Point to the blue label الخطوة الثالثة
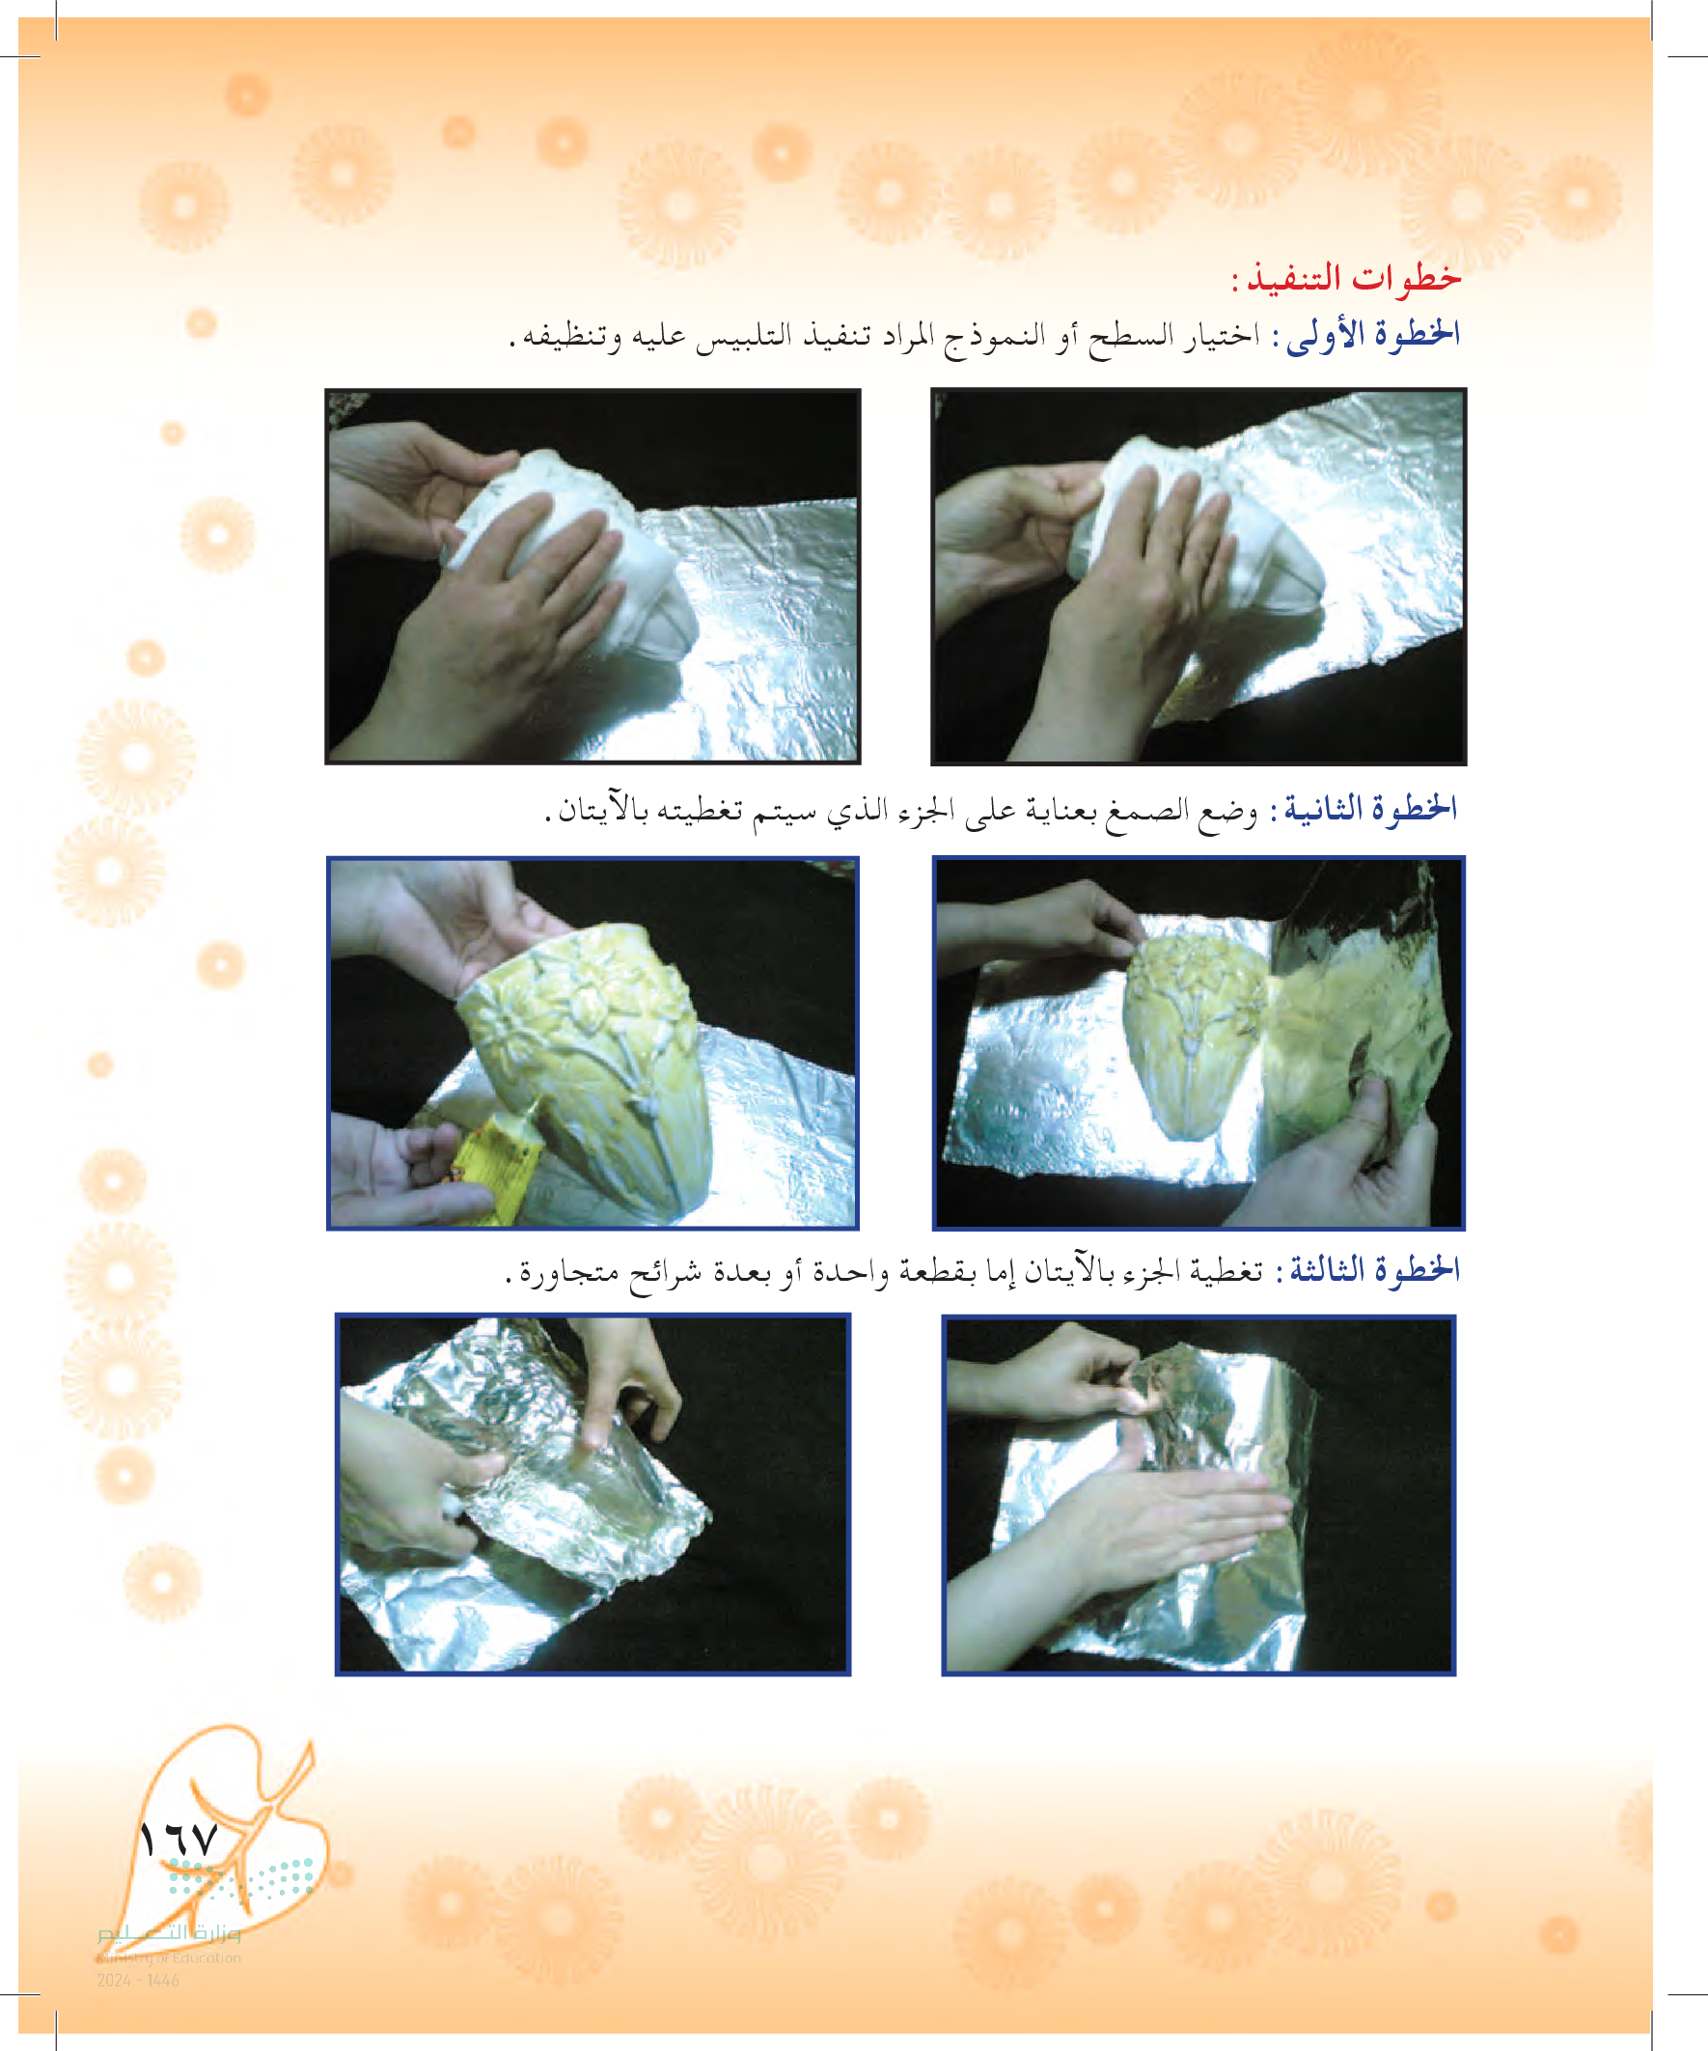[1369, 1269]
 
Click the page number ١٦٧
[179, 1840]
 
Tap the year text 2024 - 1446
[138, 1981]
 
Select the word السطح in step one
[1132, 336]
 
